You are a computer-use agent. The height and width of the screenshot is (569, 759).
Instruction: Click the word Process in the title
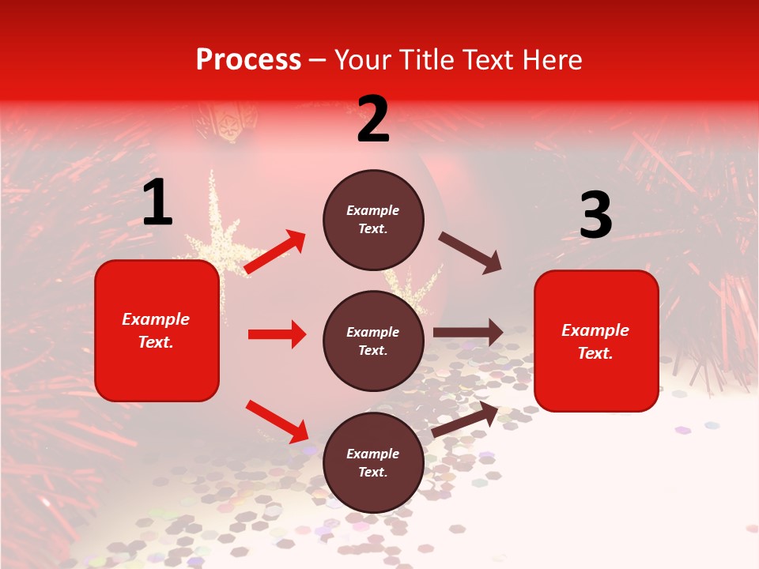[248, 60]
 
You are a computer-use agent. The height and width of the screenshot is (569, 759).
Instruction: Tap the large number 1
[157, 203]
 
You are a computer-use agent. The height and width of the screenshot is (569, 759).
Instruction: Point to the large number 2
[373, 119]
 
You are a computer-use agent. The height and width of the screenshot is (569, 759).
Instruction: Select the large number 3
[595, 216]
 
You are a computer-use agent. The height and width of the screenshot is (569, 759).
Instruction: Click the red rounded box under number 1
[157, 330]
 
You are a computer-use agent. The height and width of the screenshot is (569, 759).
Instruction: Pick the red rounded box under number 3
[596, 341]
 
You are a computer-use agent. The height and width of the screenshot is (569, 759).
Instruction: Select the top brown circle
[373, 220]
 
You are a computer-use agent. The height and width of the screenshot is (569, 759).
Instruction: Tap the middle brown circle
[373, 341]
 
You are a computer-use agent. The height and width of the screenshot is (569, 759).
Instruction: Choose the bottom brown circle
[373, 462]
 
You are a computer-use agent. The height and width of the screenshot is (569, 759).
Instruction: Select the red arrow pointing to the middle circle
[277, 334]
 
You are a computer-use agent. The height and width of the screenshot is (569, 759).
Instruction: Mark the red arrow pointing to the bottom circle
[277, 421]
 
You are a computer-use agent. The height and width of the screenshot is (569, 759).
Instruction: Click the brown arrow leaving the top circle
[470, 252]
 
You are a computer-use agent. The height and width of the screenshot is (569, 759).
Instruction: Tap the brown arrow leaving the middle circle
[467, 333]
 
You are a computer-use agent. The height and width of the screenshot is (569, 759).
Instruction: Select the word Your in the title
[364, 60]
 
